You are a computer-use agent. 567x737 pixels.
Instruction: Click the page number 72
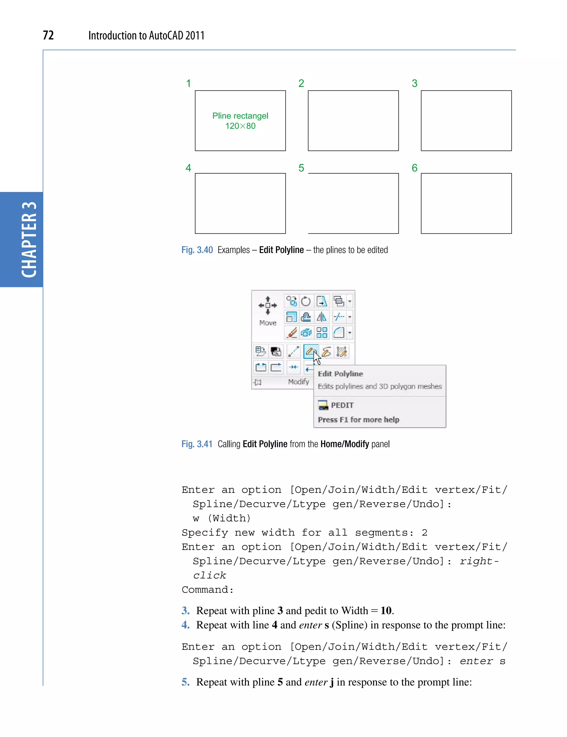[48, 35]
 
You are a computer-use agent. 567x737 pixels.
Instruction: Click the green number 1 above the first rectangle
[189, 83]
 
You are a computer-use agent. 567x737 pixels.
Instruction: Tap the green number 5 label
[301, 168]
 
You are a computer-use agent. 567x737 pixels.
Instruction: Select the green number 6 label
[414, 168]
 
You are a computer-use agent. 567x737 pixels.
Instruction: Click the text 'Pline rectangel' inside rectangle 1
[240, 116]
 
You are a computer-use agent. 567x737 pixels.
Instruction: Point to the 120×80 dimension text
[240, 126]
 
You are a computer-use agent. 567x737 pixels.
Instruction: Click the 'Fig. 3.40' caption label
[197, 250]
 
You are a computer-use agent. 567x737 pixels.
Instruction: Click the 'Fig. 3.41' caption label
[197, 444]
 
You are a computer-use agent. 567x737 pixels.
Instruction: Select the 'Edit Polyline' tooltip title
[340, 374]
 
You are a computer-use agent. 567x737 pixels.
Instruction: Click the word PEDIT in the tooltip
[342, 405]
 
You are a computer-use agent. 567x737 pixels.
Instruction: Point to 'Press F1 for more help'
[359, 420]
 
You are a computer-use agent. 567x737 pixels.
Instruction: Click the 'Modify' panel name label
[298, 382]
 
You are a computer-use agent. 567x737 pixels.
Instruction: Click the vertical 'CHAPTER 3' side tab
[29, 239]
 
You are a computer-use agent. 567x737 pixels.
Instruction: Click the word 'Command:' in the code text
[207, 590]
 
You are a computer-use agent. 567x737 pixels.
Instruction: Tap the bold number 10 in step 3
[386, 610]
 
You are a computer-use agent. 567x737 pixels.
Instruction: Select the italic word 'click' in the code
[209, 575]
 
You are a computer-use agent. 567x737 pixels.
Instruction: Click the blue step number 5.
[185, 682]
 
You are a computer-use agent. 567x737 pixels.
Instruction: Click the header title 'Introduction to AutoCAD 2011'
[146, 35]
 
